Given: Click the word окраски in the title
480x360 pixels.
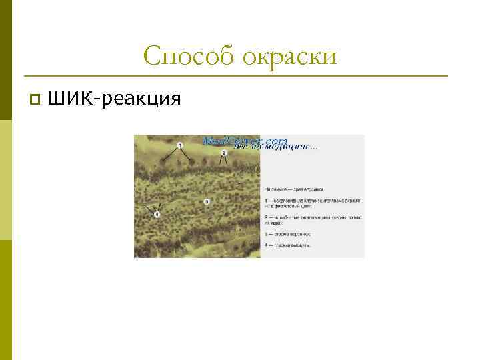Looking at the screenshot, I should (x=289, y=57).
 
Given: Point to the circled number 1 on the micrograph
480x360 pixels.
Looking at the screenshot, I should (x=181, y=145).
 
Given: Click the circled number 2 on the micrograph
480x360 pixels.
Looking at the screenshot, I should (x=224, y=153).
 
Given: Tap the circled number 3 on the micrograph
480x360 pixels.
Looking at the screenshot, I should (x=207, y=201).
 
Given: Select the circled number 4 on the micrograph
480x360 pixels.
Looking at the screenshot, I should (x=157, y=214).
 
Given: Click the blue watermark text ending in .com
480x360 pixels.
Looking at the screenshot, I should (x=245, y=141).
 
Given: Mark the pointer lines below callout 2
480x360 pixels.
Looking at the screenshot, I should (x=223, y=161).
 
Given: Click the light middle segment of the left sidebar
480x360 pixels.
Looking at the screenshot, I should (x=6, y=180).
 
